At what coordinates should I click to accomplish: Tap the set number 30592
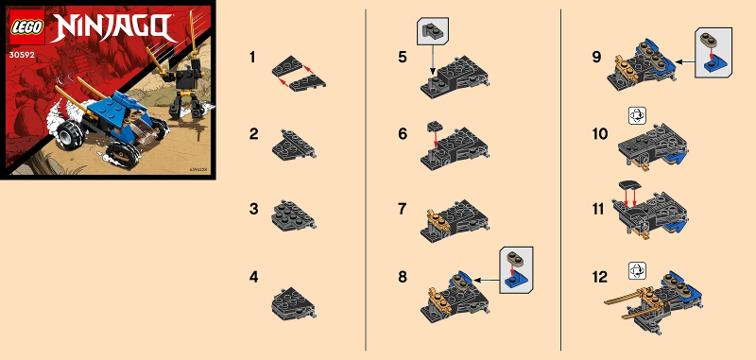(x=24, y=55)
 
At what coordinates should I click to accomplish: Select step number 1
(x=252, y=59)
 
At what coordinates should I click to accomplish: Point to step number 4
(x=252, y=278)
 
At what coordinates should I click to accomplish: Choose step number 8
(x=404, y=278)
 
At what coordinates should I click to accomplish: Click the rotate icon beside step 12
(x=635, y=270)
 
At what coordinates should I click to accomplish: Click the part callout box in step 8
(x=516, y=266)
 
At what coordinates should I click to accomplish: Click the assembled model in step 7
(x=457, y=218)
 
